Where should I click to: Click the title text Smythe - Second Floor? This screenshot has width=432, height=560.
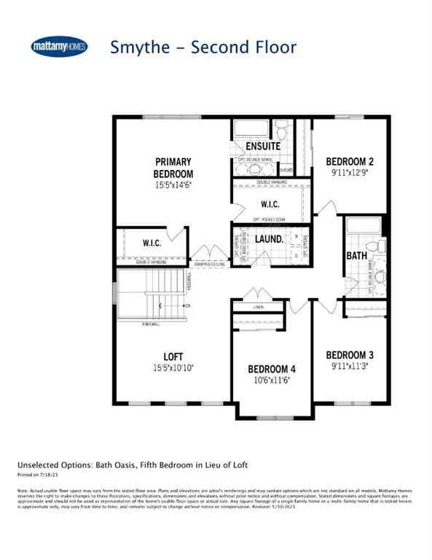coord(203,47)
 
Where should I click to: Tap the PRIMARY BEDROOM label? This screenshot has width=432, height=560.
coord(173,167)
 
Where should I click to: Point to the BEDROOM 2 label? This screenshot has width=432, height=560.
coord(350,161)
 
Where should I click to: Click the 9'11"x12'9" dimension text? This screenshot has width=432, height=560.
coord(350,174)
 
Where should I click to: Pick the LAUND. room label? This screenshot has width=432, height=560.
coord(269,239)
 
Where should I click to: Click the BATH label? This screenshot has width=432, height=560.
coord(357,256)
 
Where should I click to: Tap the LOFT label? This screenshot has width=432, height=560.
coord(172,357)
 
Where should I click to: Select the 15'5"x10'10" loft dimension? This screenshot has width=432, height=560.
coord(172,370)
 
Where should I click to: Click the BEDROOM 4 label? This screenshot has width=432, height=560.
coord(271,368)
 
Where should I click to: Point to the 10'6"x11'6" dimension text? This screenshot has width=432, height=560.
coord(271,380)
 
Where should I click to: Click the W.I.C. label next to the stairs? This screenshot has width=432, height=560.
coord(152,243)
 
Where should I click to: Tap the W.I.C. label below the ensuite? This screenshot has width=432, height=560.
coord(265,204)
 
